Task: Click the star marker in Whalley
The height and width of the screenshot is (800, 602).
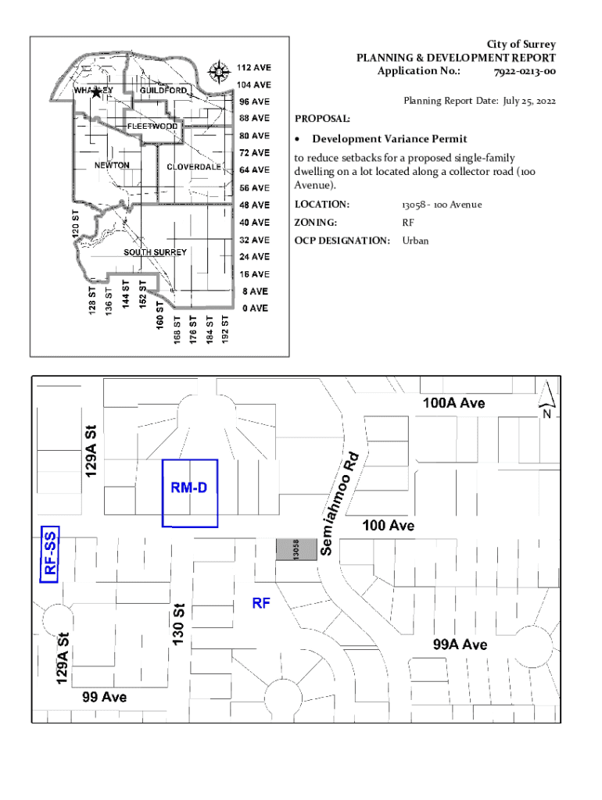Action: click(96, 92)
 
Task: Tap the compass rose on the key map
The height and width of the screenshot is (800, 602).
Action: click(219, 72)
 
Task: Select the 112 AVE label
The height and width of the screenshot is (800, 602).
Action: click(254, 67)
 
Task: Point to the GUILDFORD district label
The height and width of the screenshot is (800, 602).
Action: click(163, 91)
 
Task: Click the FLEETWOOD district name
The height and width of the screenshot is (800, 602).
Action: click(152, 126)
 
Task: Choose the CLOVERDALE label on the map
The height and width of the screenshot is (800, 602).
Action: click(194, 167)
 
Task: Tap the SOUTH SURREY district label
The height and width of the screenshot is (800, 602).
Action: click(156, 252)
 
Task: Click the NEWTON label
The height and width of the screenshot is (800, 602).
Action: click(112, 166)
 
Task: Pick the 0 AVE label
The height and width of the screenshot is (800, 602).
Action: click(256, 308)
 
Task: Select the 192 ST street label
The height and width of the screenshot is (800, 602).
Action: click(224, 329)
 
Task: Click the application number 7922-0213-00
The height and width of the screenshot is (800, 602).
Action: click(525, 71)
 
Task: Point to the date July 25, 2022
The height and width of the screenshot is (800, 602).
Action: click(529, 101)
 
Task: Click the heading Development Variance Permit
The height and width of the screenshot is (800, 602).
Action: click(389, 139)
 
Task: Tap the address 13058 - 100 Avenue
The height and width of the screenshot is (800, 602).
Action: click(442, 205)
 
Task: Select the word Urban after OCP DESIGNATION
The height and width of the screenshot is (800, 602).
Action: click(415, 241)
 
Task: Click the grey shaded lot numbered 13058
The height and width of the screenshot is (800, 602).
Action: click(296, 549)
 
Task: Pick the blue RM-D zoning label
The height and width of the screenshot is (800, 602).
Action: click(189, 487)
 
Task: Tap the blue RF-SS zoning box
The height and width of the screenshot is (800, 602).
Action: click(49, 554)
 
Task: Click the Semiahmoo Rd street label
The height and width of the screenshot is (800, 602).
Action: click(339, 504)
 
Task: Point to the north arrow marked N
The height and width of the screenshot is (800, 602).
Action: click(546, 399)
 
